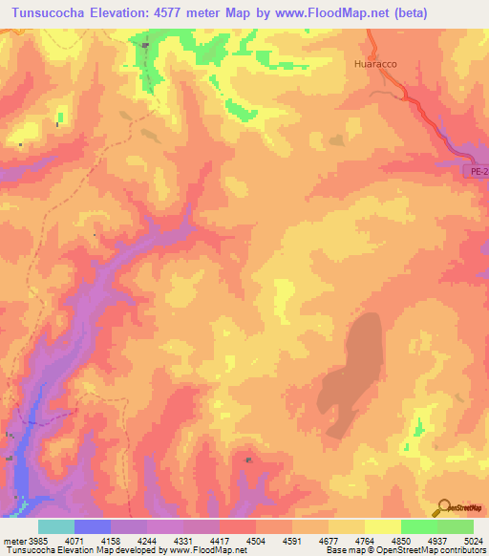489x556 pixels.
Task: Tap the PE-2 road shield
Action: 478,171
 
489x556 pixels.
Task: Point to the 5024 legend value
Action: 473,541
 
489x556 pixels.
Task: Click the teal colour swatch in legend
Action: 56,526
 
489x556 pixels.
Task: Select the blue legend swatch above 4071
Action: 93,526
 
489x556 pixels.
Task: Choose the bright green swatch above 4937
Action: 419,526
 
